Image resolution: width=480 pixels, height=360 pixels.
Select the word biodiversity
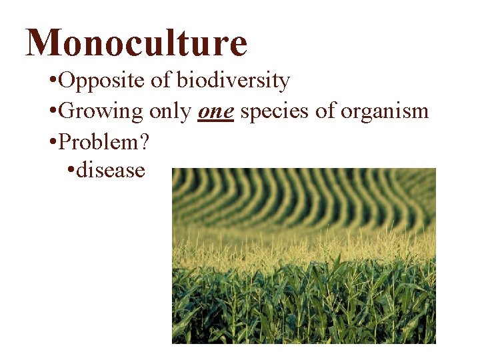coord(233,81)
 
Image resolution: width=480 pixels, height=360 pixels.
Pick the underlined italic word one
coord(215,112)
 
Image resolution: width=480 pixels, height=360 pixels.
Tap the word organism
coord(384,111)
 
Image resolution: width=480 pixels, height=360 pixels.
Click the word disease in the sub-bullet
coord(111,170)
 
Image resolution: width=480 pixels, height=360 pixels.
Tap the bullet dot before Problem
coord(53,141)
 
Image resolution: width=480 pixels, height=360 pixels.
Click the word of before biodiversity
coord(159,81)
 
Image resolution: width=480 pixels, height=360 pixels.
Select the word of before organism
coord(325,111)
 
